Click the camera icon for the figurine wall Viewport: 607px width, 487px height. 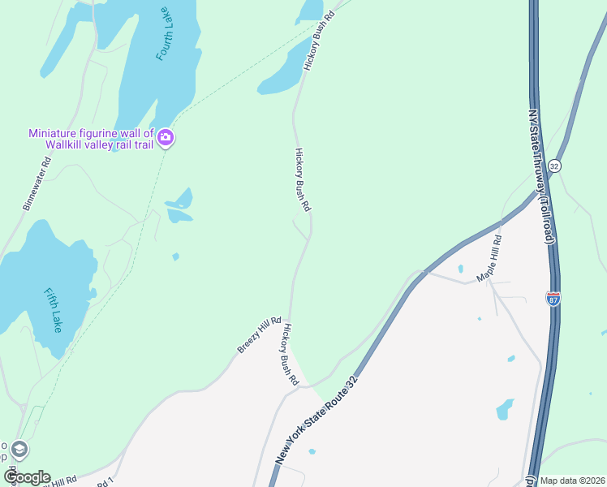(x=166, y=137)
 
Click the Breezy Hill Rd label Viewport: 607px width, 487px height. (x=260, y=334)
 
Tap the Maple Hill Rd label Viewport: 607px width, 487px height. (x=490, y=258)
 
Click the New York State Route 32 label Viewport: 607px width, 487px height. (x=316, y=420)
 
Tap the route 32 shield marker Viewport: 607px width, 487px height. (x=555, y=165)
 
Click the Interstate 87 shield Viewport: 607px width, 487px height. (x=554, y=299)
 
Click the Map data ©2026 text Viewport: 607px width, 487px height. (x=572, y=481)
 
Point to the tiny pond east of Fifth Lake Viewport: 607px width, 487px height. (x=175, y=257)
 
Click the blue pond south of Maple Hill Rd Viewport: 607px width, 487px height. (x=505, y=408)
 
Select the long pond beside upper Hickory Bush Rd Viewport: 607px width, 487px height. (x=284, y=73)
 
